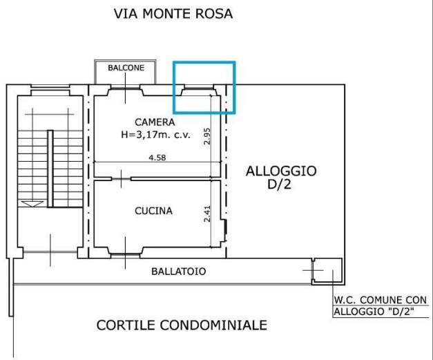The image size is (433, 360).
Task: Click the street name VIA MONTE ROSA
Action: [173, 14]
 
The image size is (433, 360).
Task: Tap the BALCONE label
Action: [126, 68]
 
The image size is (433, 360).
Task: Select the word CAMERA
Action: [155, 122]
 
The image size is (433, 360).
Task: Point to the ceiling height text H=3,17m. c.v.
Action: [156, 135]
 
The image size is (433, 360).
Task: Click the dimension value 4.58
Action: [157, 158]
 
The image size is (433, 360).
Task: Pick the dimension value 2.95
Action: [207, 136]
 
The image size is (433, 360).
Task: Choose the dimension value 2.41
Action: [207, 214]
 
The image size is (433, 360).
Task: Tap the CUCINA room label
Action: [153, 211]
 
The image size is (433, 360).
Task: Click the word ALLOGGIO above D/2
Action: [281, 171]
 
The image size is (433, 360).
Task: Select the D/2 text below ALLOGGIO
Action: [279, 184]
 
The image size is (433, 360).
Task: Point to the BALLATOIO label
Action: [179, 272]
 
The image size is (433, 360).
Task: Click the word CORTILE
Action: [126, 325]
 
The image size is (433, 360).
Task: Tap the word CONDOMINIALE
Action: [214, 325]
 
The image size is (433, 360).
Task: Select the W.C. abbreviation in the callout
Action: [345, 300]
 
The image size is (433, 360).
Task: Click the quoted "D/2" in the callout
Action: [401, 312]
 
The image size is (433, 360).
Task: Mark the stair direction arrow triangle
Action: [32, 204]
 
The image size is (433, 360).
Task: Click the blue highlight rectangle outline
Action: [173, 87]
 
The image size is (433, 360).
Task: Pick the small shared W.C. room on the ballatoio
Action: [327, 271]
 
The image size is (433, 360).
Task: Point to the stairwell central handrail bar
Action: [50, 169]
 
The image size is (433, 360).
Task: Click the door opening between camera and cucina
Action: [121, 179]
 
